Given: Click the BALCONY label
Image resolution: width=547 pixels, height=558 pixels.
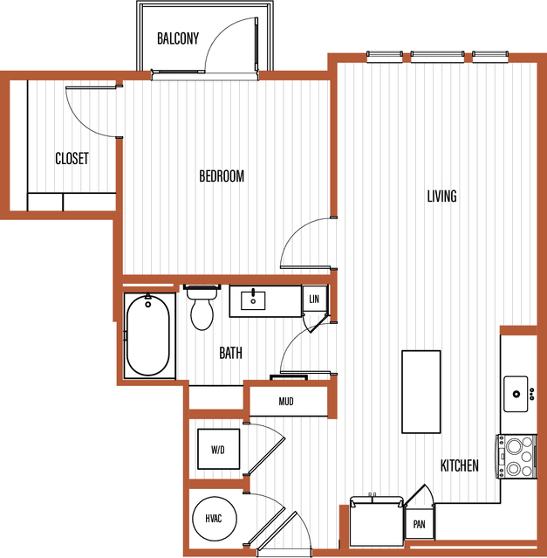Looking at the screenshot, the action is (178, 38).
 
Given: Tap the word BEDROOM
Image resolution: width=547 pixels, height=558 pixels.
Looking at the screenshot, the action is (222, 176).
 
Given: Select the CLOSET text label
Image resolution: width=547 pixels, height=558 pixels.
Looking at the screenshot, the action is (72, 158).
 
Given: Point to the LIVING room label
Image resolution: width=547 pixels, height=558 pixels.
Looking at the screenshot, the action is (441, 196).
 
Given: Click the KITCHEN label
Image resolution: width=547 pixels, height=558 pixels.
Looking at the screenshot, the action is (459, 465).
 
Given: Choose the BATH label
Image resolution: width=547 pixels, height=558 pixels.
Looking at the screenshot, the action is (230, 353).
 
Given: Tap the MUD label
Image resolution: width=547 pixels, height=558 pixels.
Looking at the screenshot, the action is (286, 402).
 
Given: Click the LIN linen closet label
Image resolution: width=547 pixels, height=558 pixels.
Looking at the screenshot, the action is (314, 299).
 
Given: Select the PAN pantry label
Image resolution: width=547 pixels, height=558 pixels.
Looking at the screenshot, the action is (420, 524).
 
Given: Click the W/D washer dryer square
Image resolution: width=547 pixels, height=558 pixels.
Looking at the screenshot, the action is (219, 449).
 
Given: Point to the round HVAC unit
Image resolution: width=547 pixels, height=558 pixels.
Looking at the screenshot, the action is (215, 518).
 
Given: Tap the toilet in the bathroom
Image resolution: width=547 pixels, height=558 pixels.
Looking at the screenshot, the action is (202, 308).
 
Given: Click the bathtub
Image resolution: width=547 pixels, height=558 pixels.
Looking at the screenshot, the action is (147, 335).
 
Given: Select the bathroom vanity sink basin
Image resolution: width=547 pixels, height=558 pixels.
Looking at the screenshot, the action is (253, 300).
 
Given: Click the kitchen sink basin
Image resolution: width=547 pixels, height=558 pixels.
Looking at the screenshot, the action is (516, 394).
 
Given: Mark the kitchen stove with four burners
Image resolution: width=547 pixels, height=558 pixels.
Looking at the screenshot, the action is (516, 457).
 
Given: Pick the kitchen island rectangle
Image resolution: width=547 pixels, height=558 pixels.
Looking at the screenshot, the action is (421, 392).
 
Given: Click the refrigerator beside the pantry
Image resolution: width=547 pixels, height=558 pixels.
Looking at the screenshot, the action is (377, 521).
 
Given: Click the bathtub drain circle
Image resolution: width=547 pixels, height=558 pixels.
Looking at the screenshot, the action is (147, 304).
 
